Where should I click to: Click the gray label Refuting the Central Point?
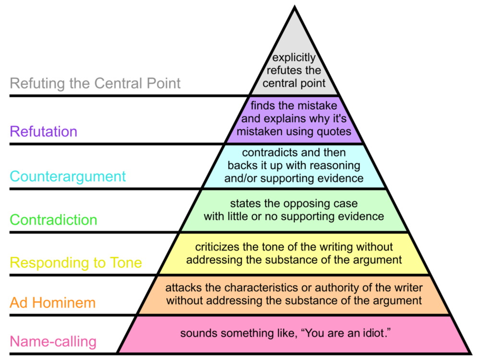pos(96,84)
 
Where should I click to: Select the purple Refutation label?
pos(43,132)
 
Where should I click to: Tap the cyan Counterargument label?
pos(68,176)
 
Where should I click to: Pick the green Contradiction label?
pos(53,220)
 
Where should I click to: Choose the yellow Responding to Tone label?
pos(76,263)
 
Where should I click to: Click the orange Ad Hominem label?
pos(52,302)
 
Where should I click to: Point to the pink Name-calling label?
pos(53,342)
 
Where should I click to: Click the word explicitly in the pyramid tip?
pos(294,58)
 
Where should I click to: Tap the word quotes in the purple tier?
pos(335,131)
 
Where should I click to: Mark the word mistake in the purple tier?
pos(319,106)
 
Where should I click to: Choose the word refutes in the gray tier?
pos(288,71)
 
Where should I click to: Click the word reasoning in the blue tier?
pos(335,166)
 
